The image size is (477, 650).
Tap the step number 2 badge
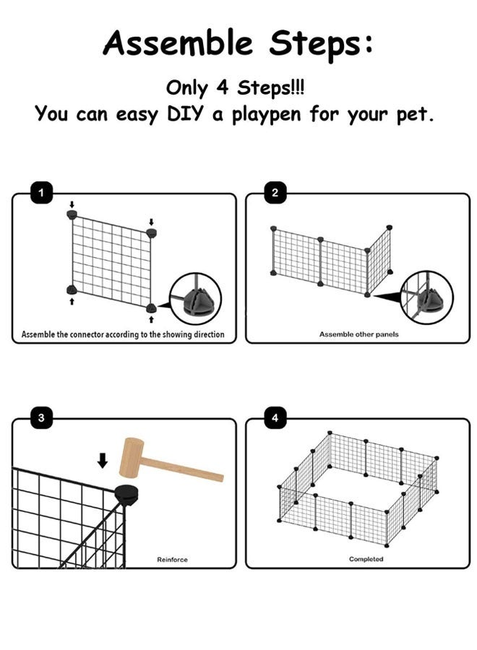[x=275, y=193]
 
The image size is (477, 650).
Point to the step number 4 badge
[x=275, y=417]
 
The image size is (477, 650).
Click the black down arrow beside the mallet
[x=103, y=460]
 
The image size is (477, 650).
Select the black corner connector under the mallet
[x=126, y=496]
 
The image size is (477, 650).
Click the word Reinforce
[x=172, y=560]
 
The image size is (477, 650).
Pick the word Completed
[x=366, y=560]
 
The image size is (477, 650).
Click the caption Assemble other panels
[x=358, y=334]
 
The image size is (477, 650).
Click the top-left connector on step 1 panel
[x=72, y=214]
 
